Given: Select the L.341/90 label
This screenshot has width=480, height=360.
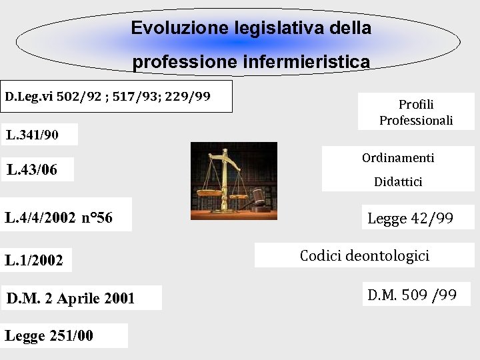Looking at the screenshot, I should click(x=32, y=135).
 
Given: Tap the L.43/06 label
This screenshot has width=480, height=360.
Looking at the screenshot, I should click(x=31, y=170).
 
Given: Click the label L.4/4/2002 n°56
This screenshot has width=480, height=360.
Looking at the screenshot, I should click(x=59, y=217).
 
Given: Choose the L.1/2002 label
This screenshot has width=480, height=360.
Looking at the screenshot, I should click(x=34, y=261).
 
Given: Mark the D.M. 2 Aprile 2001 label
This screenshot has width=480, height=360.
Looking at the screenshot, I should click(x=70, y=298).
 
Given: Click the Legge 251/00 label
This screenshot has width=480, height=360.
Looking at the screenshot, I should click(x=49, y=336).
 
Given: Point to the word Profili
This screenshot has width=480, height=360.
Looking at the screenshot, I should click(x=416, y=105).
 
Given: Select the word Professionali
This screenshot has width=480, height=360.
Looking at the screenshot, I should click(x=416, y=121).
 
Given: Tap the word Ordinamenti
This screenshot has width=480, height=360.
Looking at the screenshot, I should click(x=398, y=158).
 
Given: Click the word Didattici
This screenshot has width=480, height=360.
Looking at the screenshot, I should click(x=398, y=182).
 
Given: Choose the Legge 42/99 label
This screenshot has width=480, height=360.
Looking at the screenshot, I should click(x=410, y=218).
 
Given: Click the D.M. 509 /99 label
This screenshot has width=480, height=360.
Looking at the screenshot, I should click(x=412, y=294).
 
